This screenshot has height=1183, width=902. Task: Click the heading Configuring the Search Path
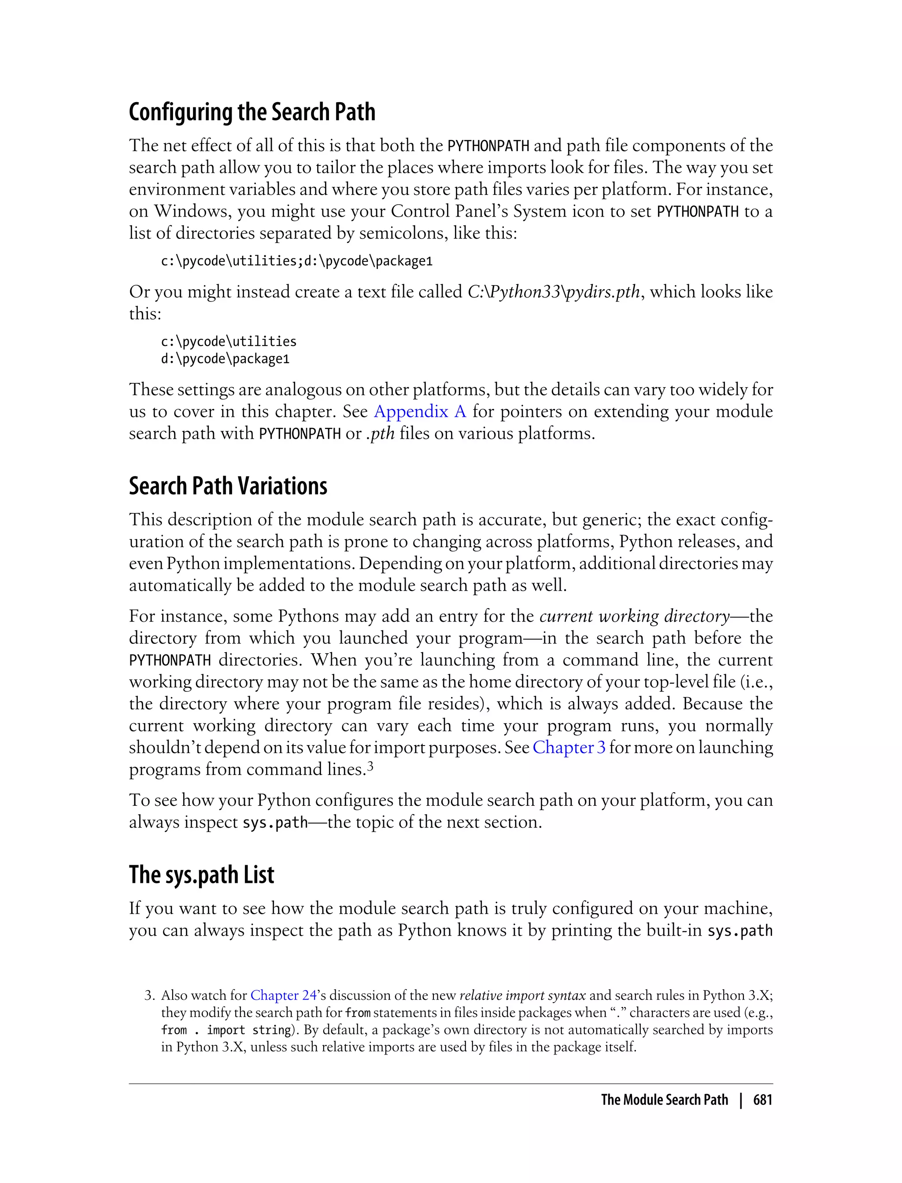(252, 112)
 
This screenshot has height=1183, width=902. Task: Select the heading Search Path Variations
(228, 486)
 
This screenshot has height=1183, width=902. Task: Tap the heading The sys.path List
(201, 874)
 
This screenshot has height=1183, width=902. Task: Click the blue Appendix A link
(420, 411)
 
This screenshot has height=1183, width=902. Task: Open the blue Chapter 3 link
(569, 747)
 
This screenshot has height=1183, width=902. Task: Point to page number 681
(762, 1100)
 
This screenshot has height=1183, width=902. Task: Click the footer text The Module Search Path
(664, 1100)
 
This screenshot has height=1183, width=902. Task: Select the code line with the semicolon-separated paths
(296, 261)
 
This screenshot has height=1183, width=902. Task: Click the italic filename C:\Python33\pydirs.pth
(554, 292)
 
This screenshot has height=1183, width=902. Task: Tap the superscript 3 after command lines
(370, 767)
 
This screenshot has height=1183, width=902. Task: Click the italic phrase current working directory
(635, 616)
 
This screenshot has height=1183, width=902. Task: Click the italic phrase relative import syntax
(522, 995)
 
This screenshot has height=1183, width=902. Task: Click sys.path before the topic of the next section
(275, 823)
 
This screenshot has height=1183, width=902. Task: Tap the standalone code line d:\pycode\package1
(225, 359)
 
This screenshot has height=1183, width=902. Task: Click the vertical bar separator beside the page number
(741, 1100)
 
